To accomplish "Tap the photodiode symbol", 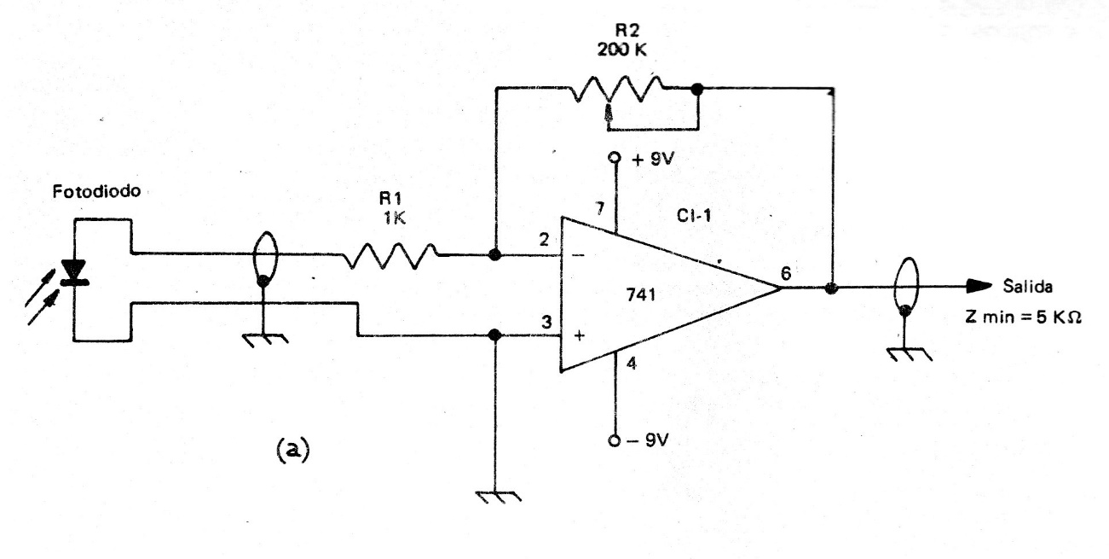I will [75, 272].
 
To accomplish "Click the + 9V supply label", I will [652, 160].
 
